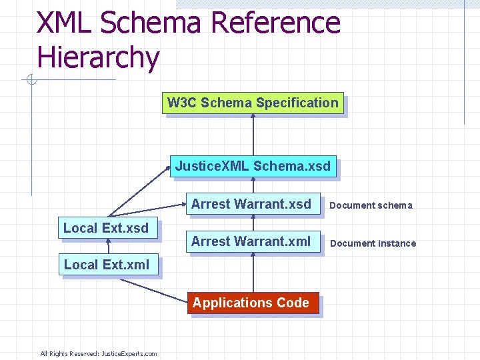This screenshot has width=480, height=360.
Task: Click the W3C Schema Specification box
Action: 253,103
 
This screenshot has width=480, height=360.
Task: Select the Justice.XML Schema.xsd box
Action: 253,166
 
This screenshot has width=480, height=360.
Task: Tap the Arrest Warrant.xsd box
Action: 251,204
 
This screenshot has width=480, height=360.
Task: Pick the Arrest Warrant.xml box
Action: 251,241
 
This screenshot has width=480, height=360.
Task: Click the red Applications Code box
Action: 251,303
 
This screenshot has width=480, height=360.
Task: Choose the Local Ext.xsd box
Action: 107,228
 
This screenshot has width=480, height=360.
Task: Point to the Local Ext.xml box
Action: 107,265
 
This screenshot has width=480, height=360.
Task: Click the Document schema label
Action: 371,205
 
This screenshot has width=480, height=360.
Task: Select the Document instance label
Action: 373,243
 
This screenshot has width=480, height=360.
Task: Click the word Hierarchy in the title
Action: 99,57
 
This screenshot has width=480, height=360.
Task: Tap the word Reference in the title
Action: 275,23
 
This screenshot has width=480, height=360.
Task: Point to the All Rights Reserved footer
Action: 99,353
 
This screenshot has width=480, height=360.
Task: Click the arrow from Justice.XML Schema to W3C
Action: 253,137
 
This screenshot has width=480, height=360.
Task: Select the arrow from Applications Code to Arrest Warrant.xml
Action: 253,273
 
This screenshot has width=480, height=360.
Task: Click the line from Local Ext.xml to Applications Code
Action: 153,288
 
